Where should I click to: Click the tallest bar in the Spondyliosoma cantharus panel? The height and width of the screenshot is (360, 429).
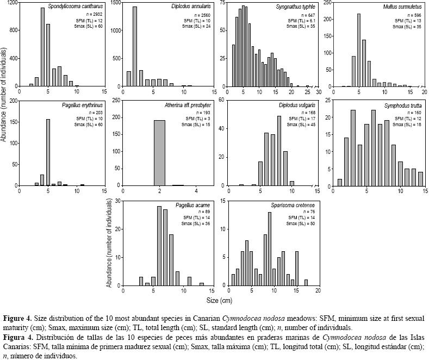pos(42,47)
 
